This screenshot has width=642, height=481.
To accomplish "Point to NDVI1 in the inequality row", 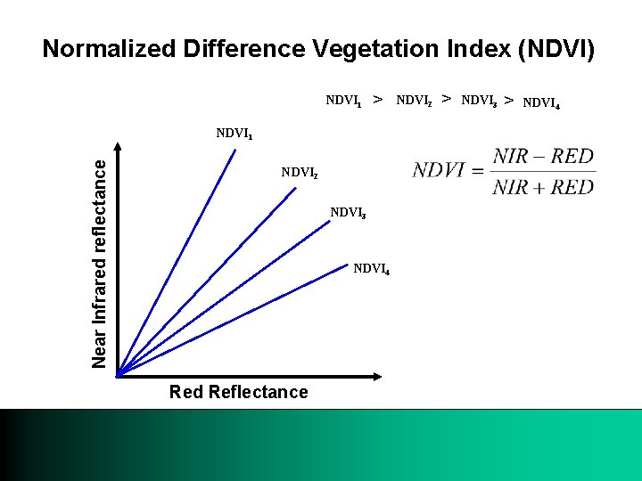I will click(343, 101).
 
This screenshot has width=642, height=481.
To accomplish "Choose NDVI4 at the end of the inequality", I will click(541, 102).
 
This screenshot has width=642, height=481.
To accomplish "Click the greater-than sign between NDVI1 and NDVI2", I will click(378, 99).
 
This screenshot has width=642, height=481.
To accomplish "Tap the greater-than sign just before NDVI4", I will click(508, 100).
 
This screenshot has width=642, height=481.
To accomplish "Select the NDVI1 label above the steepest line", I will click(235, 134).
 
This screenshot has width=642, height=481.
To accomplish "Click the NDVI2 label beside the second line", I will click(299, 172).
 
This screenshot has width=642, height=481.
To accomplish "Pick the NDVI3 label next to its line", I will click(349, 213).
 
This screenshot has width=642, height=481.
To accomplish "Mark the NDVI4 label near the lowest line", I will click(371, 268).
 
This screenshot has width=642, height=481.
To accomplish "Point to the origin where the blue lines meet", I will click(118, 373).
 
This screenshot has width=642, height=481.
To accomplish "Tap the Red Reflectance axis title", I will click(238, 392).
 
